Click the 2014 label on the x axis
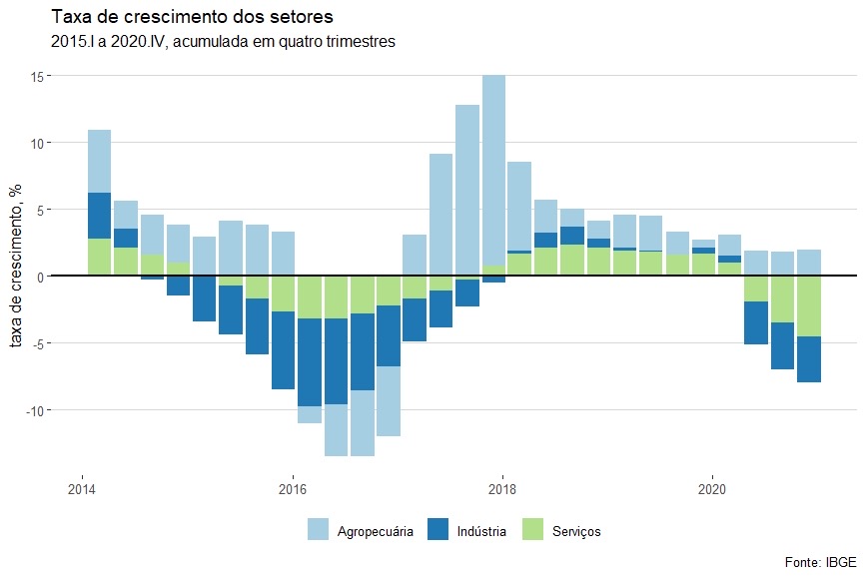(82, 491)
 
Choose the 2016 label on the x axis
(292, 491)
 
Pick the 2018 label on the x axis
(501, 491)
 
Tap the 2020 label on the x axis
(711, 491)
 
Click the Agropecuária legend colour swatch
(318, 531)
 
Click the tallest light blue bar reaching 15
(493, 170)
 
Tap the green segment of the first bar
(99, 257)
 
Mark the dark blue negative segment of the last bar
(809, 359)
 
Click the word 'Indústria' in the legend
(482, 531)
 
